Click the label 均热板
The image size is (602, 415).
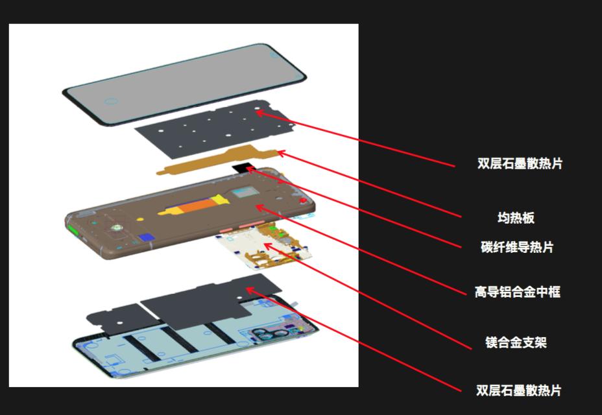[x=516, y=218]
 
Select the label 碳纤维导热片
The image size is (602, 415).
[x=517, y=247]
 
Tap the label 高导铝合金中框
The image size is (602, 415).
[x=517, y=292]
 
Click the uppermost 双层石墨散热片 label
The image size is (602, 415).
[x=520, y=163]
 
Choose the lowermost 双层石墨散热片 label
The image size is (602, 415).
[x=518, y=390]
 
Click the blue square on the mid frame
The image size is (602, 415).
[x=145, y=238]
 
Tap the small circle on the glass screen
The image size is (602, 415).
[x=110, y=102]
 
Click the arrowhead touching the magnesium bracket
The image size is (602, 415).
[x=267, y=245]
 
